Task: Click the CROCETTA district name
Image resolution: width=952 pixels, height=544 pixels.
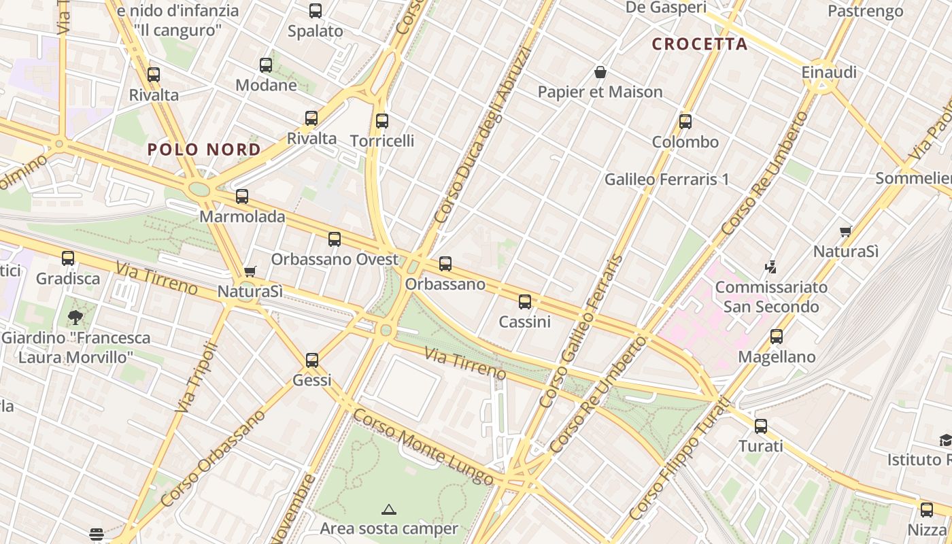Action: pos(700,44)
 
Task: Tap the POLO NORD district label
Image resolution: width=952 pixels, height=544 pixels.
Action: pos(204,150)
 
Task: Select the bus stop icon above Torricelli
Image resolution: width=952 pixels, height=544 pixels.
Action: pos(382,121)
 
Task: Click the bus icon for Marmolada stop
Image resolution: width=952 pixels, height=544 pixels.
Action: pos(242,197)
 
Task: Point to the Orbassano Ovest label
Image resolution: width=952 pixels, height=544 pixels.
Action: pos(335,259)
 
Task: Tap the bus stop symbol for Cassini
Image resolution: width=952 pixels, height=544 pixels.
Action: pos(525,301)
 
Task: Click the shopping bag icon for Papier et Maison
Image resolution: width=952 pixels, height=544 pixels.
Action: pos(600,71)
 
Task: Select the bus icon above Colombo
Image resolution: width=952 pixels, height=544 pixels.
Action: pos(685,122)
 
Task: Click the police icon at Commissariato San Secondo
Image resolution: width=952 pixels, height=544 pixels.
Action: pos(771,266)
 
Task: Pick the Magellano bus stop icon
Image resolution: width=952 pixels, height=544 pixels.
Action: pos(777,336)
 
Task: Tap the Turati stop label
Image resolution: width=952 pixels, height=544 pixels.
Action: pos(761,446)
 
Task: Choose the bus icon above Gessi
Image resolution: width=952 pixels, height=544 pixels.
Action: pos(312,360)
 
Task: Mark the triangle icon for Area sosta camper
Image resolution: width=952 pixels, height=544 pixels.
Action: pos(389,509)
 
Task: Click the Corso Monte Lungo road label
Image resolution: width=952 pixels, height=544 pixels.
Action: pos(423,446)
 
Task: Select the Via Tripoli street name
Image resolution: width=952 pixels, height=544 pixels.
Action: pos(196,378)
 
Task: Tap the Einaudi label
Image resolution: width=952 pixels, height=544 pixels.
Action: pos(828,72)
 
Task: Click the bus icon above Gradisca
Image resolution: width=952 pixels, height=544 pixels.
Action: pos(68,258)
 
